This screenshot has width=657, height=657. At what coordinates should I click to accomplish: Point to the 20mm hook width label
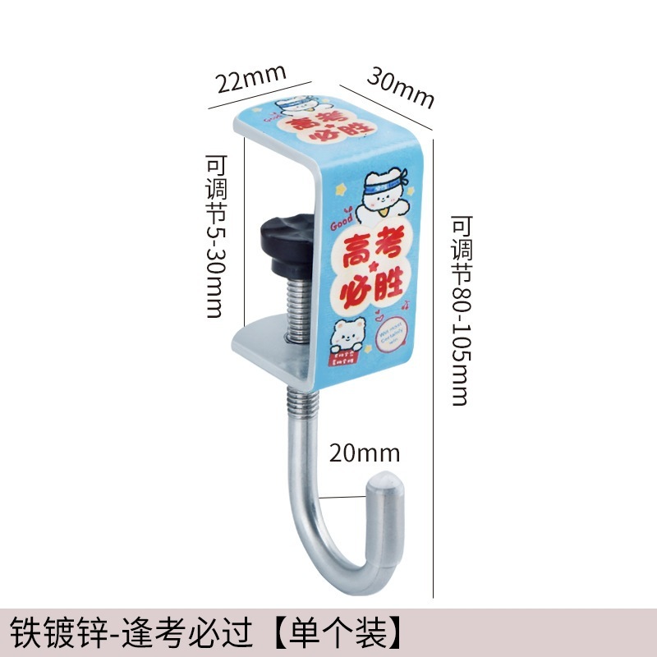pyautogui.click(x=365, y=453)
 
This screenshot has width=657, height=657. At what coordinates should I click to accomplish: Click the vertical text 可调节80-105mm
pyautogui.click(x=462, y=310)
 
